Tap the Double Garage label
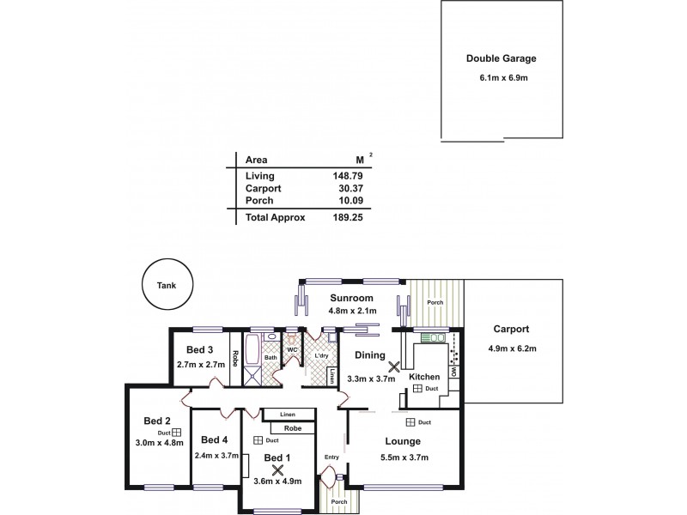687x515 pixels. pyautogui.click(x=501, y=59)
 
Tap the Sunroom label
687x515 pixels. pyautogui.click(x=352, y=300)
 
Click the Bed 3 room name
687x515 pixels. pyautogui.click(x=199, y=350)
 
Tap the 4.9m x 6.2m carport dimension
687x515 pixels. pyautogui.click(x=511, y=348)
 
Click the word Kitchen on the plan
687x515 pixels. pyautogui.click(x=423, y=378)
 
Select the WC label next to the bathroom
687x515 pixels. pyautogui.click(x=292, y=349)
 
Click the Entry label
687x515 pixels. pyautogui.click(x=331, y=457)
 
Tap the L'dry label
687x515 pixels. pyautogui.click(x=323, y=354)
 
